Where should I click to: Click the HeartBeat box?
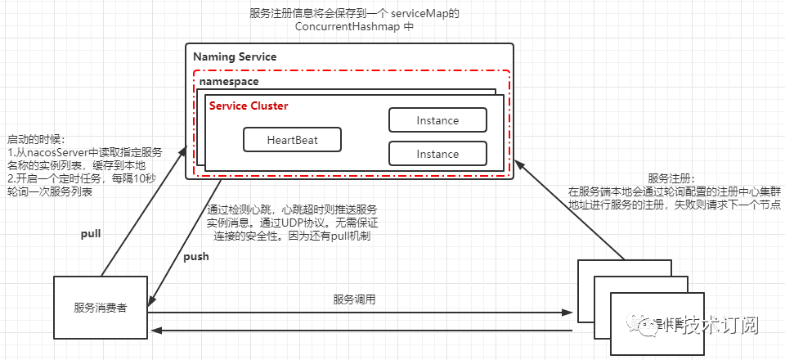point(292,140)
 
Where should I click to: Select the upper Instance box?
point(437,120)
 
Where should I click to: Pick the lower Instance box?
point(437,154)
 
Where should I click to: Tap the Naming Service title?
point(235,57)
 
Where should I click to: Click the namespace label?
point(233,83)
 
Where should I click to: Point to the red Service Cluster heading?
point(249,106)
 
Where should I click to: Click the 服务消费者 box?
point(100,308)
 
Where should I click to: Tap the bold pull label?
point(90,234)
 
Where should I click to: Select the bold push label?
point(195,256)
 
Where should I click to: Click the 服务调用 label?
point(354,299)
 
